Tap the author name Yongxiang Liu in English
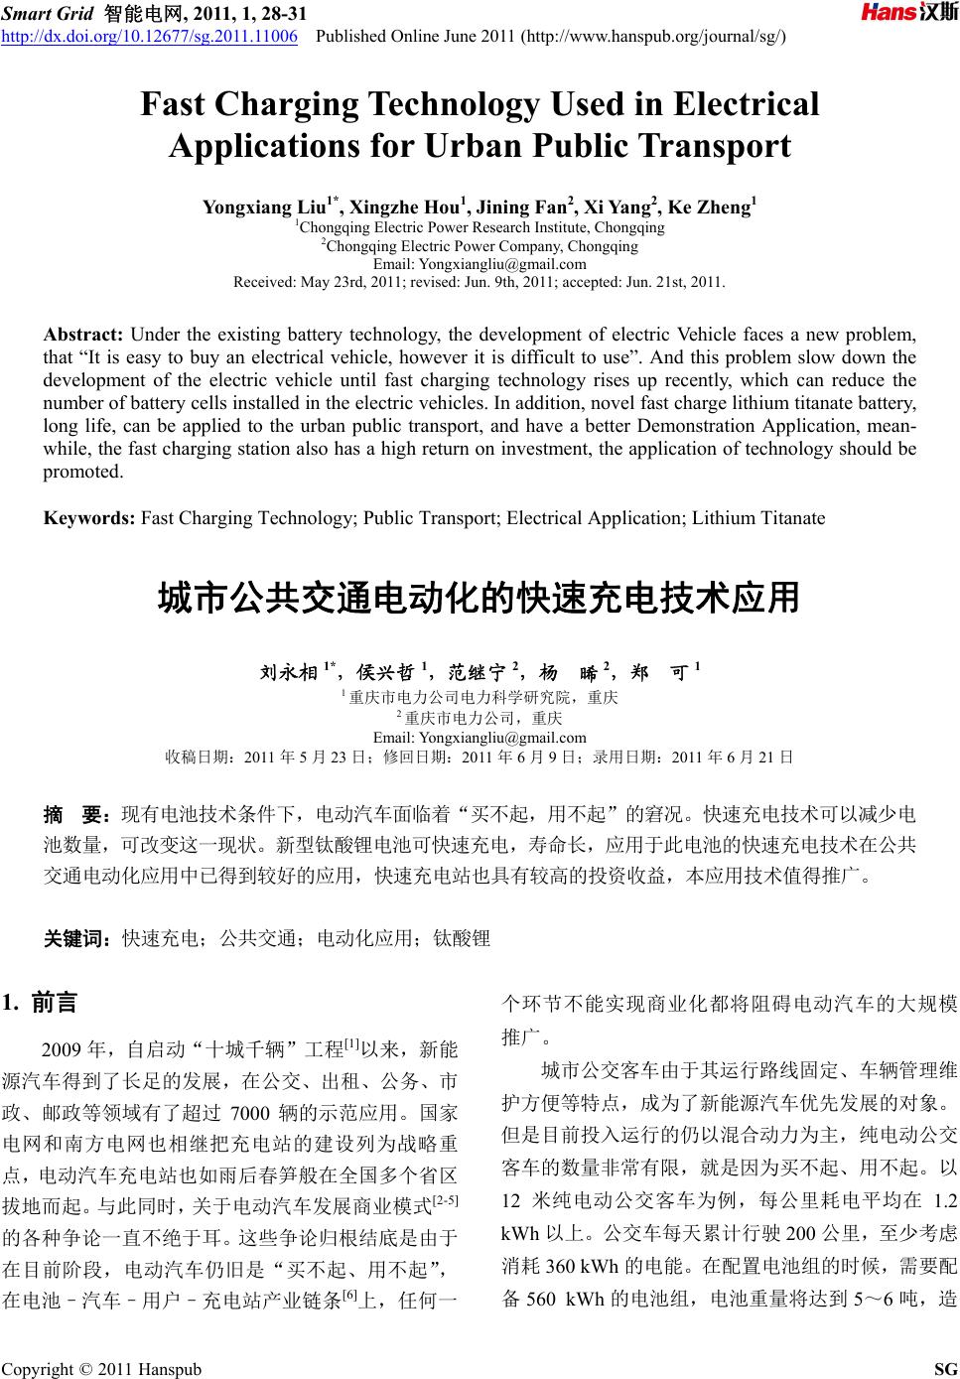click(x=259, y=207)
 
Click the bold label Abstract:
click(x=83, y=333)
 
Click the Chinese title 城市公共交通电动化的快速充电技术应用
click(x=480, y=599)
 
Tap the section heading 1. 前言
click(x=41, y=1002)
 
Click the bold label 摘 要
click(x=78, y=816)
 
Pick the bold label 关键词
click(x=78, y=937)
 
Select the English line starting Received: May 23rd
click(x=480, y=282)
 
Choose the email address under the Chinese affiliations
click(x=480, y=738)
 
